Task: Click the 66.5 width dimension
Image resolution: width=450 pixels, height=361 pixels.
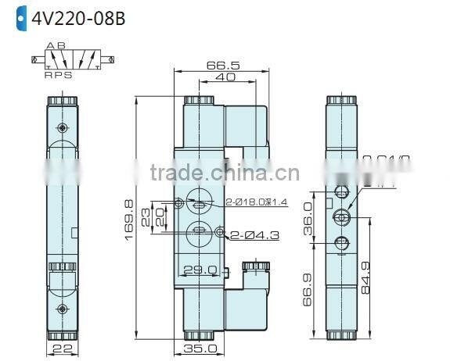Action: click(x=222, y=66)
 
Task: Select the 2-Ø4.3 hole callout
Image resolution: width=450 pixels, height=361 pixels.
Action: click(x=253, y=232)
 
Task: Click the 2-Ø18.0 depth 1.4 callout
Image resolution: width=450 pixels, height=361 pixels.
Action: click(x=256, y=202)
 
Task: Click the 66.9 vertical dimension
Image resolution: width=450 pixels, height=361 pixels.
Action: click(x=307, y=293)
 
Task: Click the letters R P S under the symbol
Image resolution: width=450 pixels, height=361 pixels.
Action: click(x=58, y=75)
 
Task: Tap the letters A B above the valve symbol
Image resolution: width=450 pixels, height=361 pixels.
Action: click(x=56, y=45)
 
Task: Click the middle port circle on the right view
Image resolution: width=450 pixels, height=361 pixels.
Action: click(x=340, y=217)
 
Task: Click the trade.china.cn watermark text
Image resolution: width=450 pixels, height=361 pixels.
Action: click(x=223, y=173)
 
